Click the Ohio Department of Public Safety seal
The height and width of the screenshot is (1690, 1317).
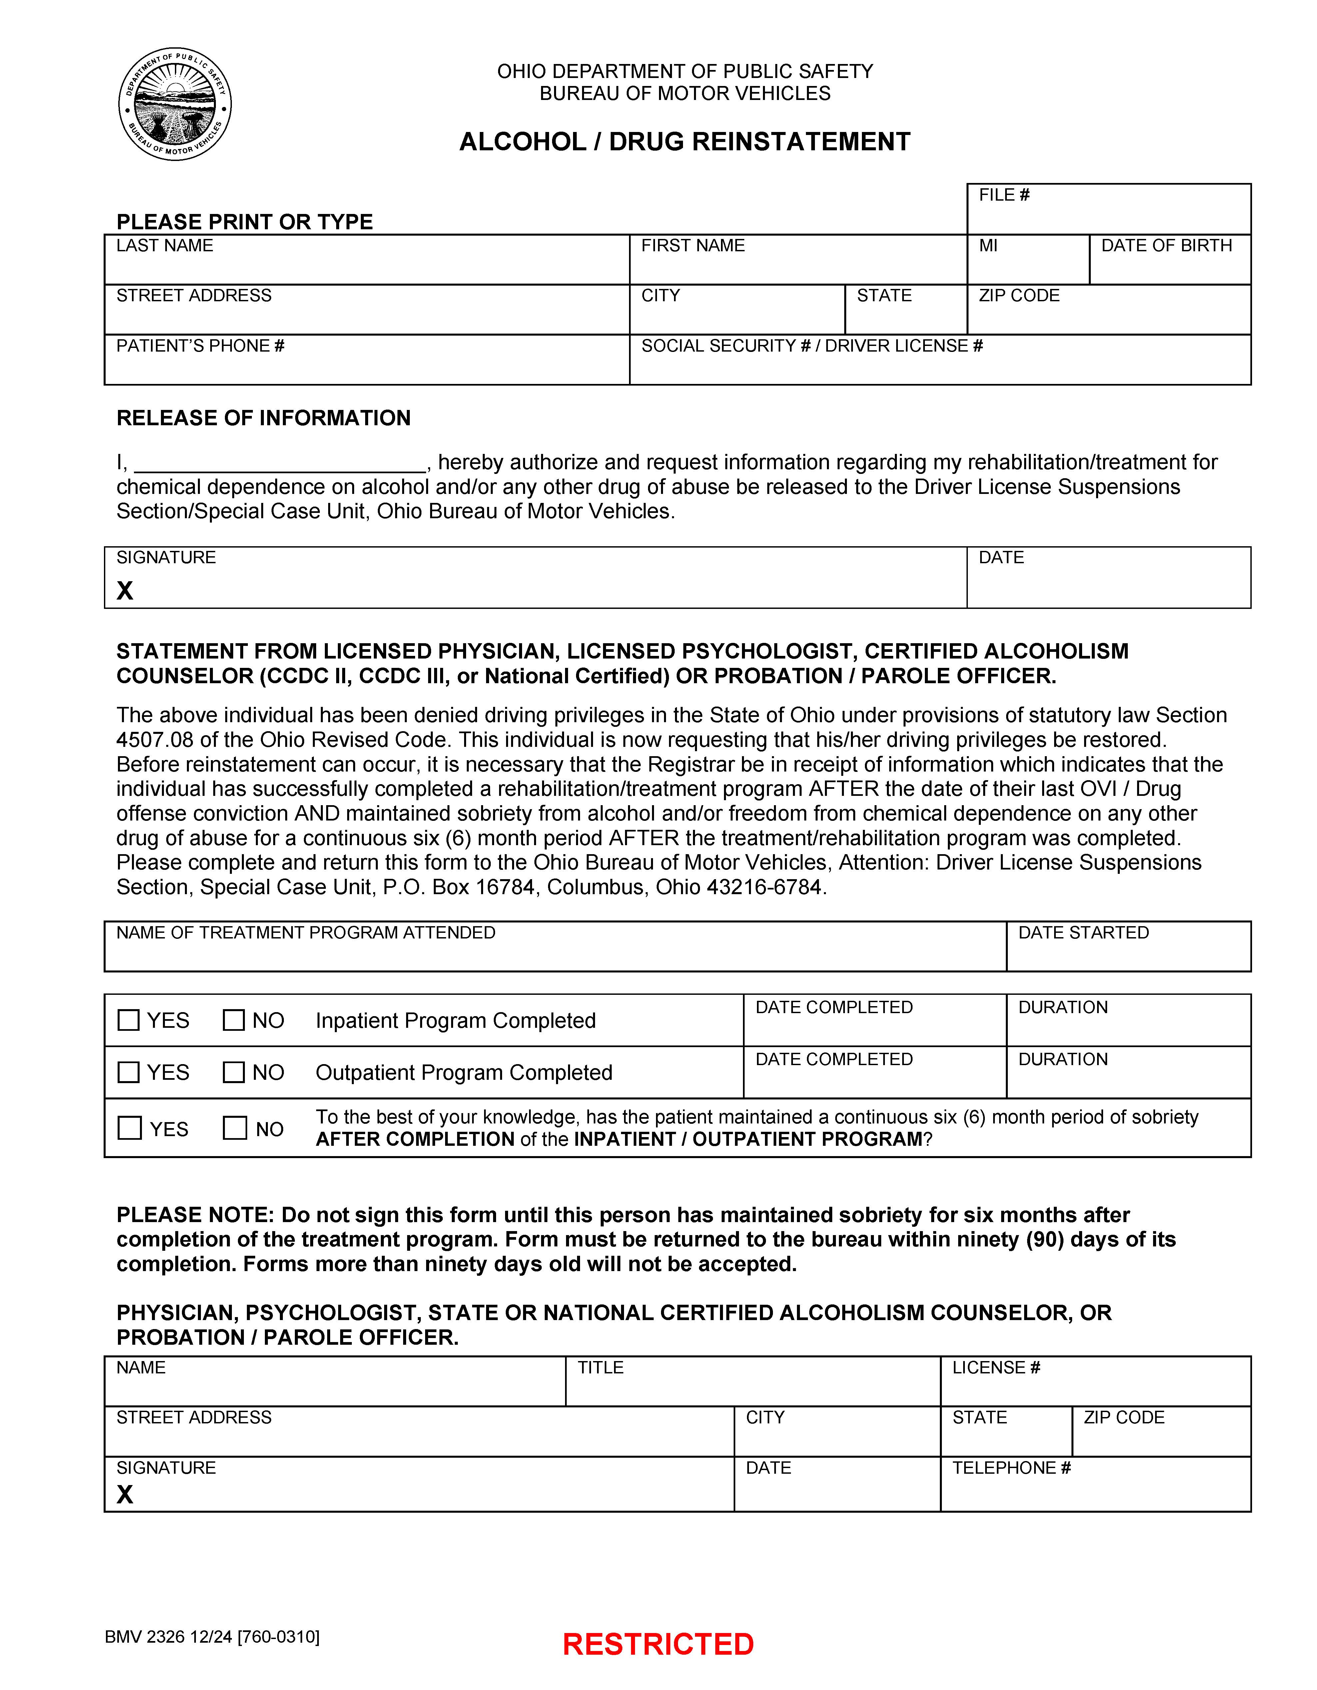tap(175, 104)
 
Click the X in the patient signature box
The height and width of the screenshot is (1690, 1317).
tap(125, 591)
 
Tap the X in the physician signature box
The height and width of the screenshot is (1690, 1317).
tap(125, 1494)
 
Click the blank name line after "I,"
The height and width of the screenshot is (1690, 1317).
tap(280, 464)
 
